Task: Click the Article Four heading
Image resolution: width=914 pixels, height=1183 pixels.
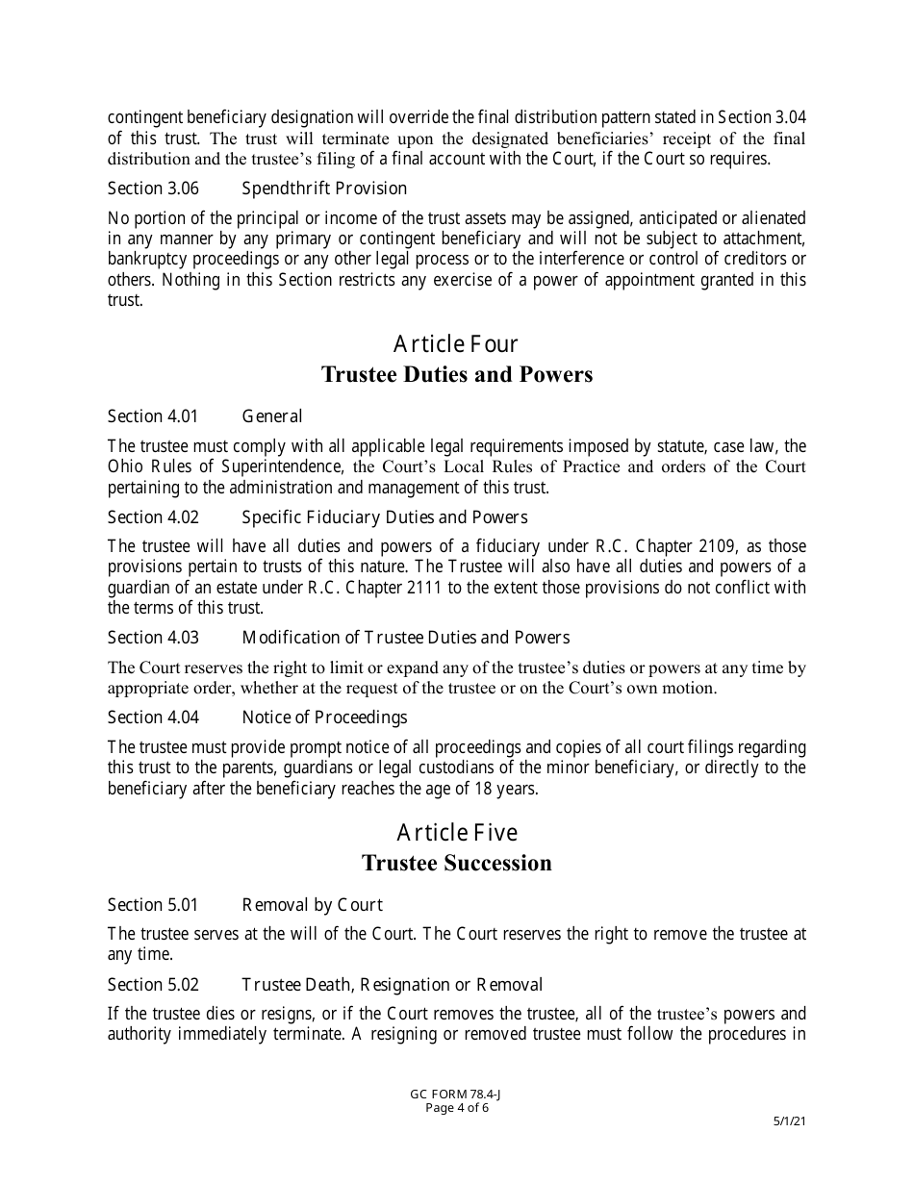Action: click(456, 344)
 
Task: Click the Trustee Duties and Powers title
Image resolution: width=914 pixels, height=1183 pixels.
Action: click(456, 374)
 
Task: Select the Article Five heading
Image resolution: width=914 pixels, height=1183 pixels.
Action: click(456, 833)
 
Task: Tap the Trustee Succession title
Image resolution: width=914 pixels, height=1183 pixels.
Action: click(456, 863)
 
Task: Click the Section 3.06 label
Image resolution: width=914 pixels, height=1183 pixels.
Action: click(153, 189)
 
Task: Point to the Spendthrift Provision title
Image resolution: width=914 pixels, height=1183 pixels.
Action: click(324, 189)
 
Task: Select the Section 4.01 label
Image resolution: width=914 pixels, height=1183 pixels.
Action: click(153, 416)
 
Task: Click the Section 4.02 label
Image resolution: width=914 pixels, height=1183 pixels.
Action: click(153, 518)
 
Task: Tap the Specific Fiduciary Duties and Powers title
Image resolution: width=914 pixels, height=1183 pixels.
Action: click(384, 518)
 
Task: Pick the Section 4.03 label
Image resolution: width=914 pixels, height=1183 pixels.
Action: click(153, 638)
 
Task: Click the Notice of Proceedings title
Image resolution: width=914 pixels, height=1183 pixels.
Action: click(324, 717)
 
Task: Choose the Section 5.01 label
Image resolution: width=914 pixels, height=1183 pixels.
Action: click(153, 905)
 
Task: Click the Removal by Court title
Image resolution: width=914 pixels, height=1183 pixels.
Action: click(312, 905)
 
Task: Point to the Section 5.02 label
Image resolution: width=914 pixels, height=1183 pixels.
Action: click(153, 985)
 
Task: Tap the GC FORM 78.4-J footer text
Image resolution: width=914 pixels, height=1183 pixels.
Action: click(457, 1095)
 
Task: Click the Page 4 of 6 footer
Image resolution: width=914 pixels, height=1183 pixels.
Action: click(457, 1108)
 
